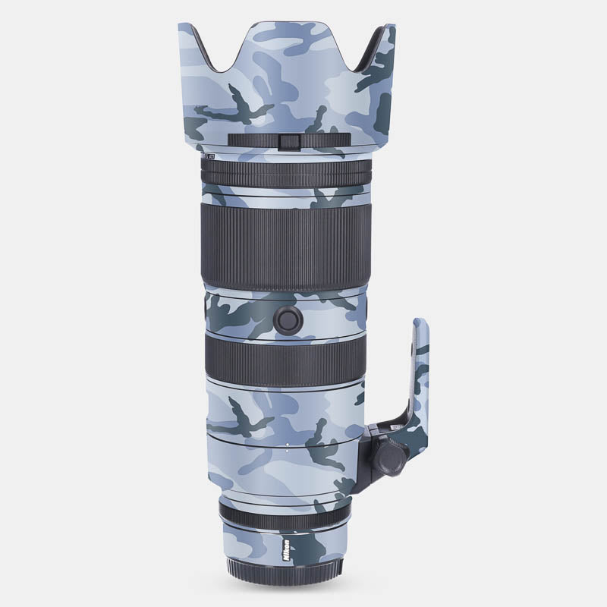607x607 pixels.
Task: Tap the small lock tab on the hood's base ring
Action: coord(288,141)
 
